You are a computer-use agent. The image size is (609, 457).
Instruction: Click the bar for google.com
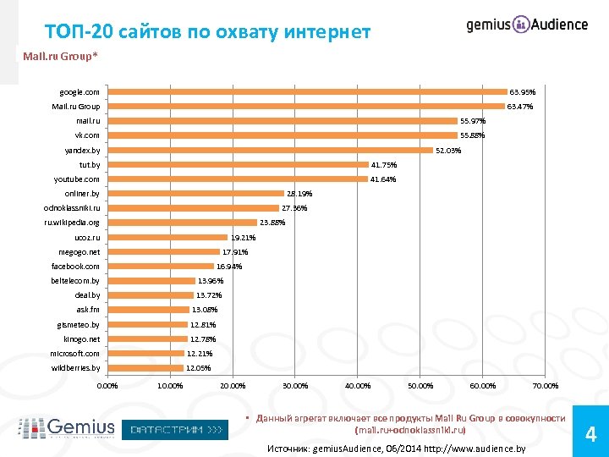tap(306, 91)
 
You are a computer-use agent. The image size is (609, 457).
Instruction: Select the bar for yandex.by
tap(270, 150)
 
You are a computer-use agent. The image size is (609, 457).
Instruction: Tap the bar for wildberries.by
tap(145, 368)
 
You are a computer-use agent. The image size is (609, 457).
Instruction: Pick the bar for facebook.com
tap(161, 267)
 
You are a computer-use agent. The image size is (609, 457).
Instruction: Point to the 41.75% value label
tap(384, 165)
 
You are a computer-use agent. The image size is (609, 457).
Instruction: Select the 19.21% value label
tap(243, 238)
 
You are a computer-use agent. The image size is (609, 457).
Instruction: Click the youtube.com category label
tap(76, 179)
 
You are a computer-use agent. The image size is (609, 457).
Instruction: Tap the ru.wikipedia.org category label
tap(72, 223)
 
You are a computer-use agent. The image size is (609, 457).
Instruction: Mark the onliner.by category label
tap(81, 194)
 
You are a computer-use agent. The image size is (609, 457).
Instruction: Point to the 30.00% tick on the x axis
tap(295, 386)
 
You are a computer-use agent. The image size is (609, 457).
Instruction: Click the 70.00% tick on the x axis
tap(546, 386)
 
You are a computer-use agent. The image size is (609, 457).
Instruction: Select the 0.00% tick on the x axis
tap(108, 386)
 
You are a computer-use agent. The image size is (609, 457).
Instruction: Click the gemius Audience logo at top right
tap(526, 25)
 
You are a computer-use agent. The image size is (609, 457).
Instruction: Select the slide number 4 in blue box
tap(591, 435)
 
